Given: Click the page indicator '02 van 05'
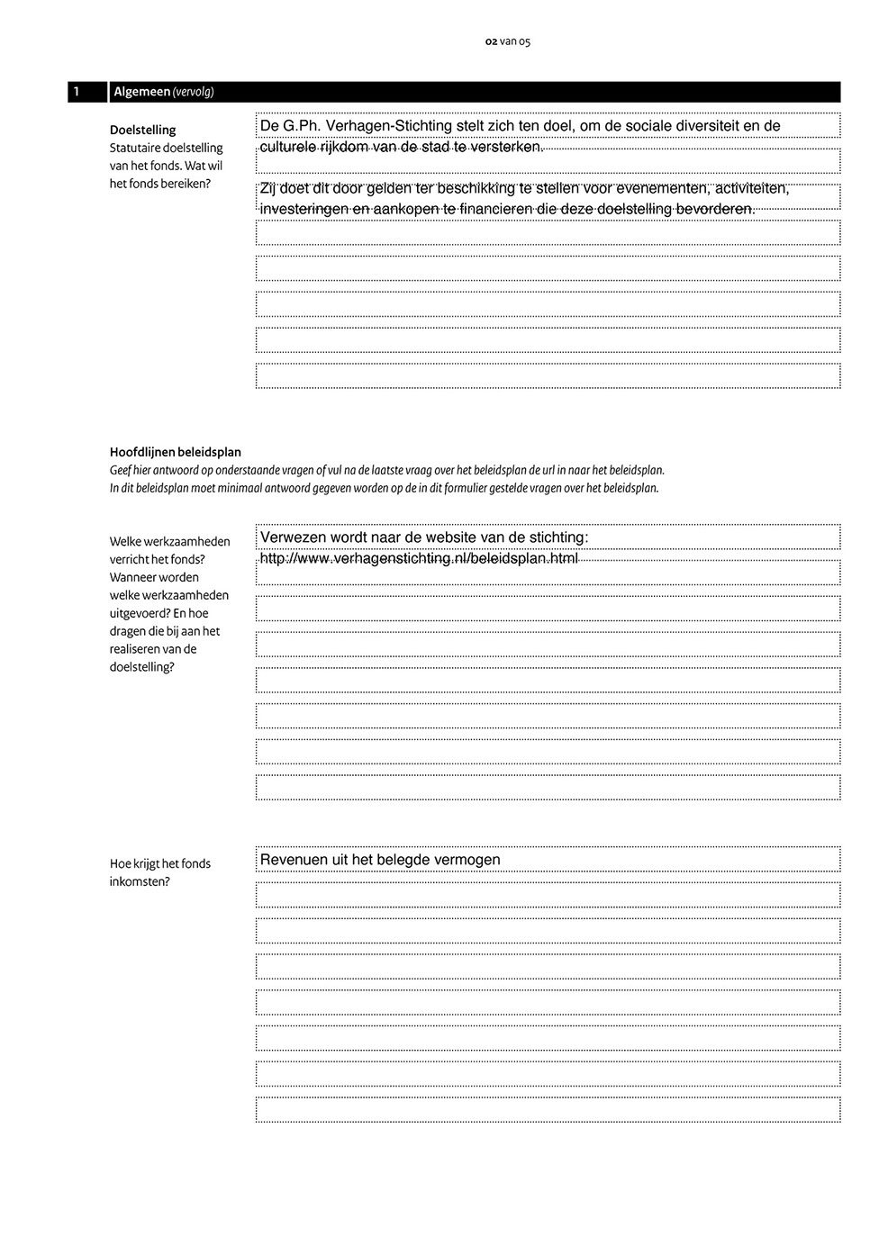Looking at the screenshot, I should pos(507,41).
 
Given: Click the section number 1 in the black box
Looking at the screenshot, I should pos(77,92).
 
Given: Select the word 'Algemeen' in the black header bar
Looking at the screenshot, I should pos(141,92).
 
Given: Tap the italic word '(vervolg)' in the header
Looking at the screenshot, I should pos(193,92).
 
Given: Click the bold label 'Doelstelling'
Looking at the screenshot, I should pos(142,130).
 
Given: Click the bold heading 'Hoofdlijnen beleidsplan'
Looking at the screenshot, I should pos(175,452).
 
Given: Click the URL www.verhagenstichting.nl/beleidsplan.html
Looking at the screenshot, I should pos(419,558).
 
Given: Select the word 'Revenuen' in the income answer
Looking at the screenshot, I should pos(294,860).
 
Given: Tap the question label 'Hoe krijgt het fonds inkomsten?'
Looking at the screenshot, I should pos(159,872).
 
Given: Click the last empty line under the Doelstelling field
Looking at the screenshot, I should pos(548,375).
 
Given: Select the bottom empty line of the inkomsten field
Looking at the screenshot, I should pos(548,1109).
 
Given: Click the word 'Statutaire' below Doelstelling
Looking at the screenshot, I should pos(134,148).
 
